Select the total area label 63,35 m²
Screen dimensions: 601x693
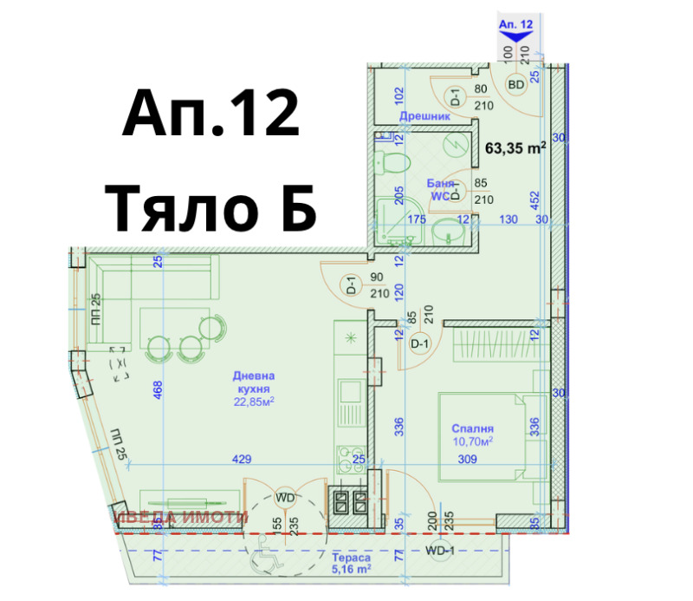(x=515, y=147)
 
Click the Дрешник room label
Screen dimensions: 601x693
(x=425, y=115)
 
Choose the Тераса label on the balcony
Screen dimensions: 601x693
(x=352, y=559)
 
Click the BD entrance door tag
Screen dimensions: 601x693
(x=516, y=85)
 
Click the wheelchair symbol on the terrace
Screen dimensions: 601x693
(x=262, y=562)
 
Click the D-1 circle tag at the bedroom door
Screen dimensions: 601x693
(x=420, y=344)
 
